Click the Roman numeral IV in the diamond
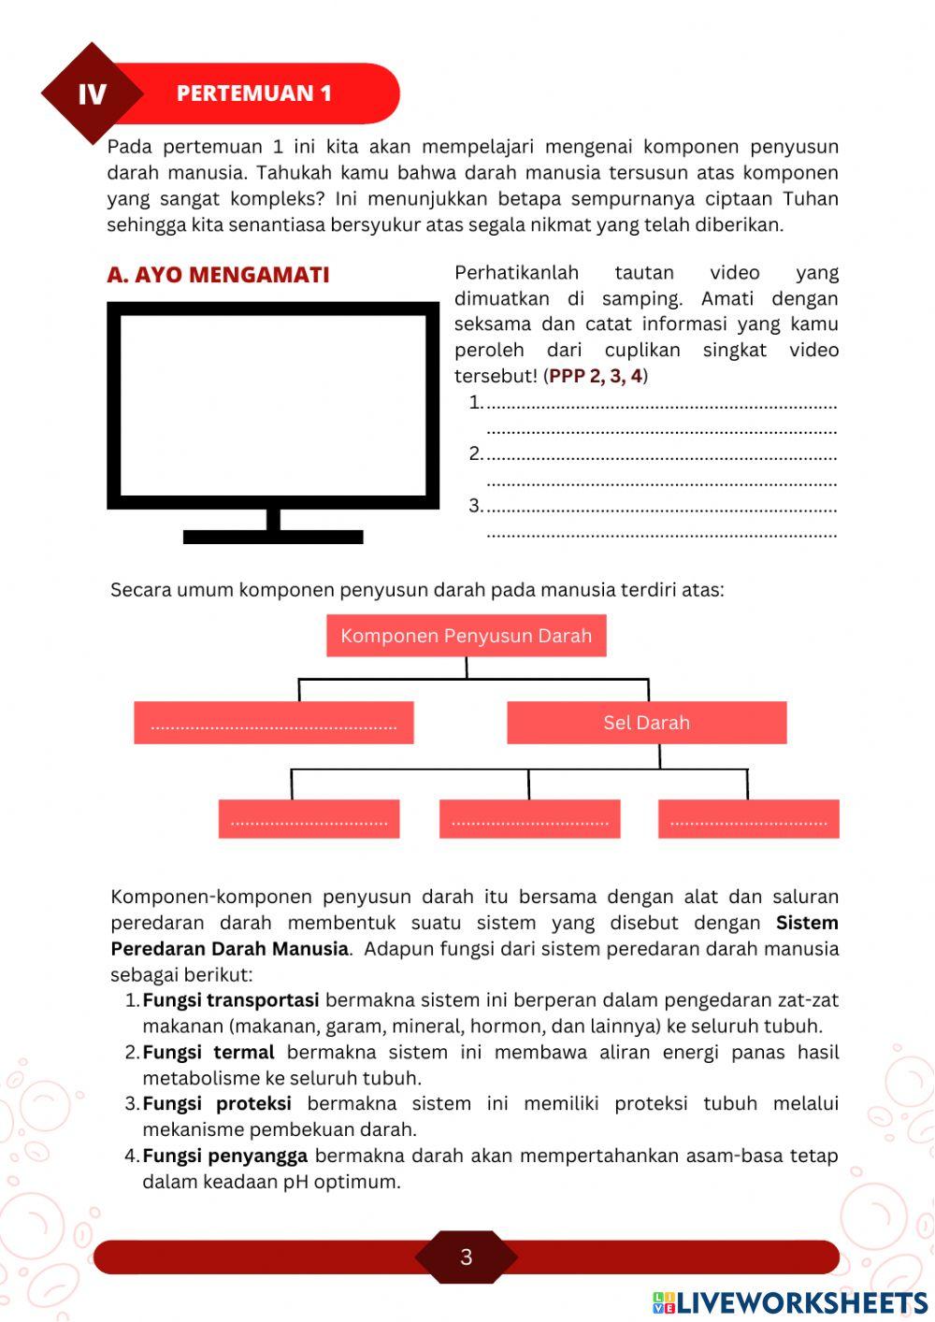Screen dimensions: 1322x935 pos(92,94)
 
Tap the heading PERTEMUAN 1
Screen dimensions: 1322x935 pos(253,93)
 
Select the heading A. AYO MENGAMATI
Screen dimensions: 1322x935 pos(218,275)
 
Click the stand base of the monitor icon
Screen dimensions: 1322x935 pos(273,536)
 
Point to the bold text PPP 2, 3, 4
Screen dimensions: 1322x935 pos(596,376)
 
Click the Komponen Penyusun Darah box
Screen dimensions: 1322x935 pos(466,636)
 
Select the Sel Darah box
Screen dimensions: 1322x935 pos(646,723)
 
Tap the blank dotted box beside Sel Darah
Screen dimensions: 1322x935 pos(273,723)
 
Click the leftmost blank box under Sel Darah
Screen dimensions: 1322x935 pos(309,819)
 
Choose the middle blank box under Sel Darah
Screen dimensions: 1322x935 pos(529,819)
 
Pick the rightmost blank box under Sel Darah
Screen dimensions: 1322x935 pos(748,819)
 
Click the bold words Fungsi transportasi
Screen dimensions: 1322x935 pos(230,1000)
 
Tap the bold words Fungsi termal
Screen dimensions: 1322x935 pos(208,1053)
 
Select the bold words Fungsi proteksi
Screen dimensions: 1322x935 pos(216,1104)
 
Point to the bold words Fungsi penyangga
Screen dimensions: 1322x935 pos(224,1157)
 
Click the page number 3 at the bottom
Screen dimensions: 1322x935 pos(466,1257)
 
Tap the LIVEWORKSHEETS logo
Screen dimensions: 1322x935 pos(790,1302)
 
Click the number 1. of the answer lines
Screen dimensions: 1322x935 pos(476,403)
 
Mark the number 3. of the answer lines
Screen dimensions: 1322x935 pos(476,506)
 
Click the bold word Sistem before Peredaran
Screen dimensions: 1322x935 pos(806,923)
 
